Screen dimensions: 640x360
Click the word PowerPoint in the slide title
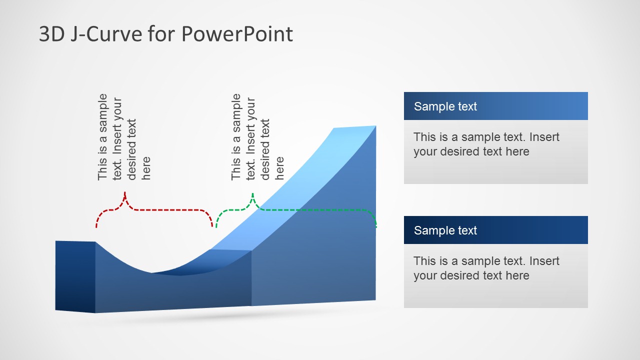237,33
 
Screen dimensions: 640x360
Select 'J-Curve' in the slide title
106,33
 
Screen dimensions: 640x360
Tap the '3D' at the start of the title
51,33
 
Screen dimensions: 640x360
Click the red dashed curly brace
154,210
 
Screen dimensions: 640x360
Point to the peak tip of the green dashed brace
252,193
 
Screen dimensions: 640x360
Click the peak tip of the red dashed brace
125,192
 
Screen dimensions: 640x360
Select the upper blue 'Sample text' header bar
495,106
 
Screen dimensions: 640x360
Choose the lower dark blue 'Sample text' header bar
495,230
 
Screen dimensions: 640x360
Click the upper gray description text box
495,151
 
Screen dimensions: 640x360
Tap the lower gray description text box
495,275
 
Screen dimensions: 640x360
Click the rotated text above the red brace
123,137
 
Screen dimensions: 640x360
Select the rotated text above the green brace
257,137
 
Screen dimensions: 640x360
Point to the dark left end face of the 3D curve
75,276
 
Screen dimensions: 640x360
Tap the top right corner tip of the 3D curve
376,125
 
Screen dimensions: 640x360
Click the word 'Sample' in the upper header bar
434,106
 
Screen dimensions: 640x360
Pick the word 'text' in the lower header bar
467,230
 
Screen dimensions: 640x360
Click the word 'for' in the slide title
161,33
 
